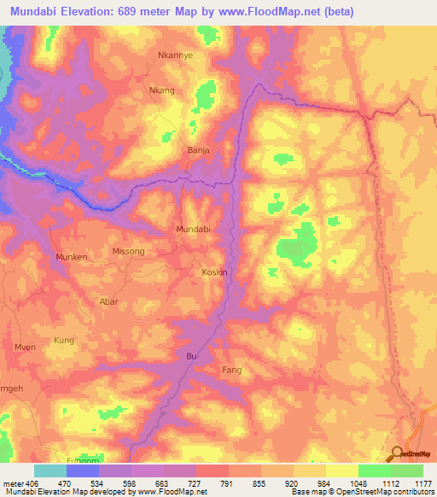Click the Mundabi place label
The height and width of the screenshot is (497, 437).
192,230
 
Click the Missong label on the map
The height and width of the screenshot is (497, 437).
128,252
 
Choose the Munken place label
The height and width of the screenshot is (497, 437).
73,256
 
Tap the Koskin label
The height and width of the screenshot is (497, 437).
213,272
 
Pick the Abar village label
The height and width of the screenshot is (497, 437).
110,301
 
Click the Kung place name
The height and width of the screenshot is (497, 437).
64,340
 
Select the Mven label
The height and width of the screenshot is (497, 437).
25,347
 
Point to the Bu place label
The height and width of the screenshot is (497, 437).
191,354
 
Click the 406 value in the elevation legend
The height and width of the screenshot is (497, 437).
25,482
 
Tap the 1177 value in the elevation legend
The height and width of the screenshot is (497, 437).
422,482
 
